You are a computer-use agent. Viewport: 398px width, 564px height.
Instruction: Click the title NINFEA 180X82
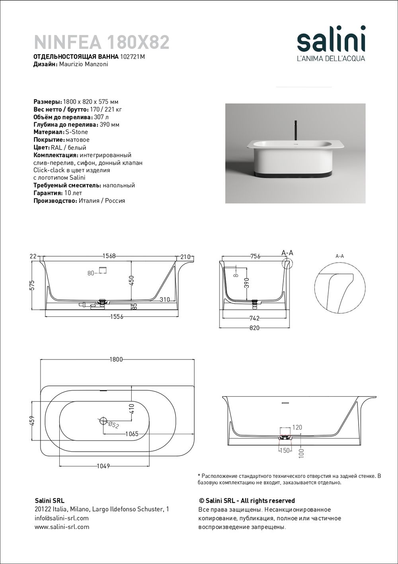click(102, 42)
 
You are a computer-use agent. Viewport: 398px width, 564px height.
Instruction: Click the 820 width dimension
click(254, 328)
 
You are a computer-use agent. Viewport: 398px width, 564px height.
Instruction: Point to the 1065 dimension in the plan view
click(131, 434)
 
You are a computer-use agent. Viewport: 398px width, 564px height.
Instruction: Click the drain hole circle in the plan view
click(103, 420)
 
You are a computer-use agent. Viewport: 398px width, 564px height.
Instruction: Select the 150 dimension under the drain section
click(285, 450)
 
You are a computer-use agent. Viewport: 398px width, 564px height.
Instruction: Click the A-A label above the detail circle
click(339, 256)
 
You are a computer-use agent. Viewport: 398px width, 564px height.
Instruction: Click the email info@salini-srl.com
click(62, 518)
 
